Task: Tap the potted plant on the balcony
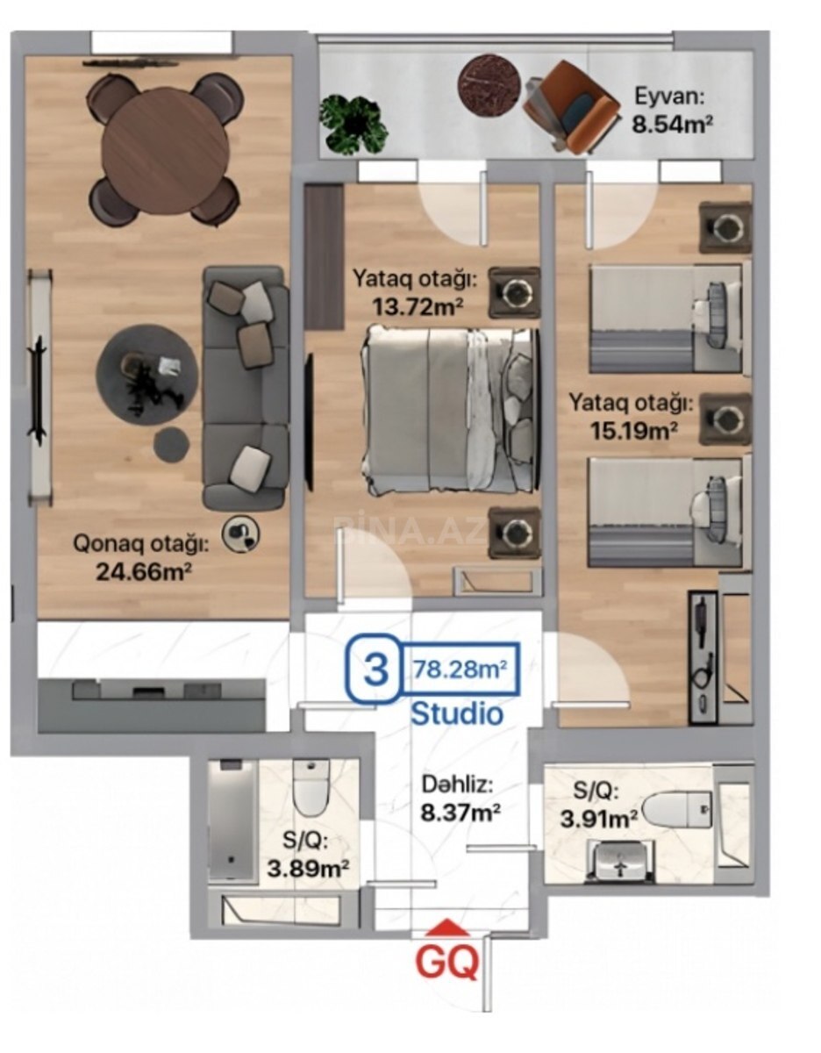[353, 125]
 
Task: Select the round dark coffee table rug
[147, 375]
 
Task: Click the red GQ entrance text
[447, 962]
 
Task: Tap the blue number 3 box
[375, 670]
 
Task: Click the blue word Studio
[457, 713]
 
